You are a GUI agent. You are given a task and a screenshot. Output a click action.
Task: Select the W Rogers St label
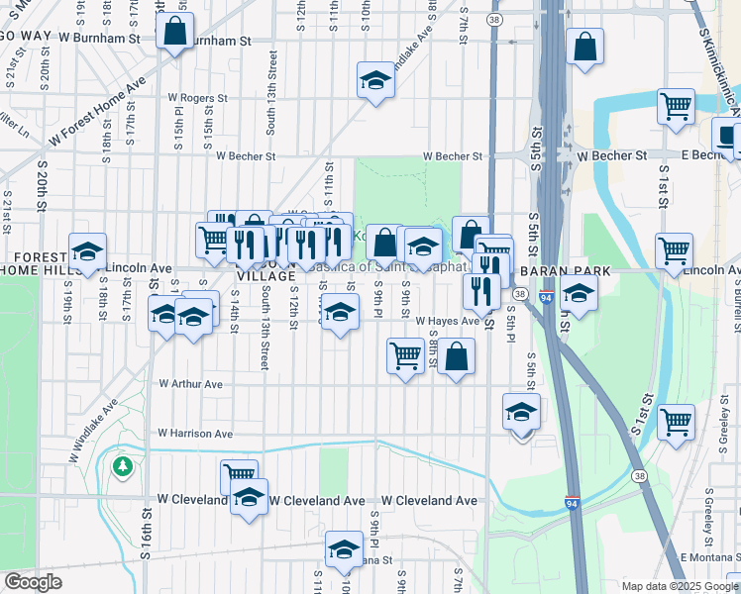click(198, 99)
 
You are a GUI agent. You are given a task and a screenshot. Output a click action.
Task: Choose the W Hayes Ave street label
click(447, 321)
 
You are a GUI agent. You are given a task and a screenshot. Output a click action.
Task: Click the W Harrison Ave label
click(195, 434)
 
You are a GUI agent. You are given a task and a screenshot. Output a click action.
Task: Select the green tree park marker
click(123, 465)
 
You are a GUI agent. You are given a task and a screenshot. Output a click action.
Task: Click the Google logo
click(34, 583)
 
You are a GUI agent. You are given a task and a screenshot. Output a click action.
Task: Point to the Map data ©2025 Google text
click(680, 586)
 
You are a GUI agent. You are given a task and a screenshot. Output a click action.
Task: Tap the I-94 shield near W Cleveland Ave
click(573, 503)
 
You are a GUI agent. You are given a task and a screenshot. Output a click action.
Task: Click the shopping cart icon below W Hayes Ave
click(404, 354)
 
